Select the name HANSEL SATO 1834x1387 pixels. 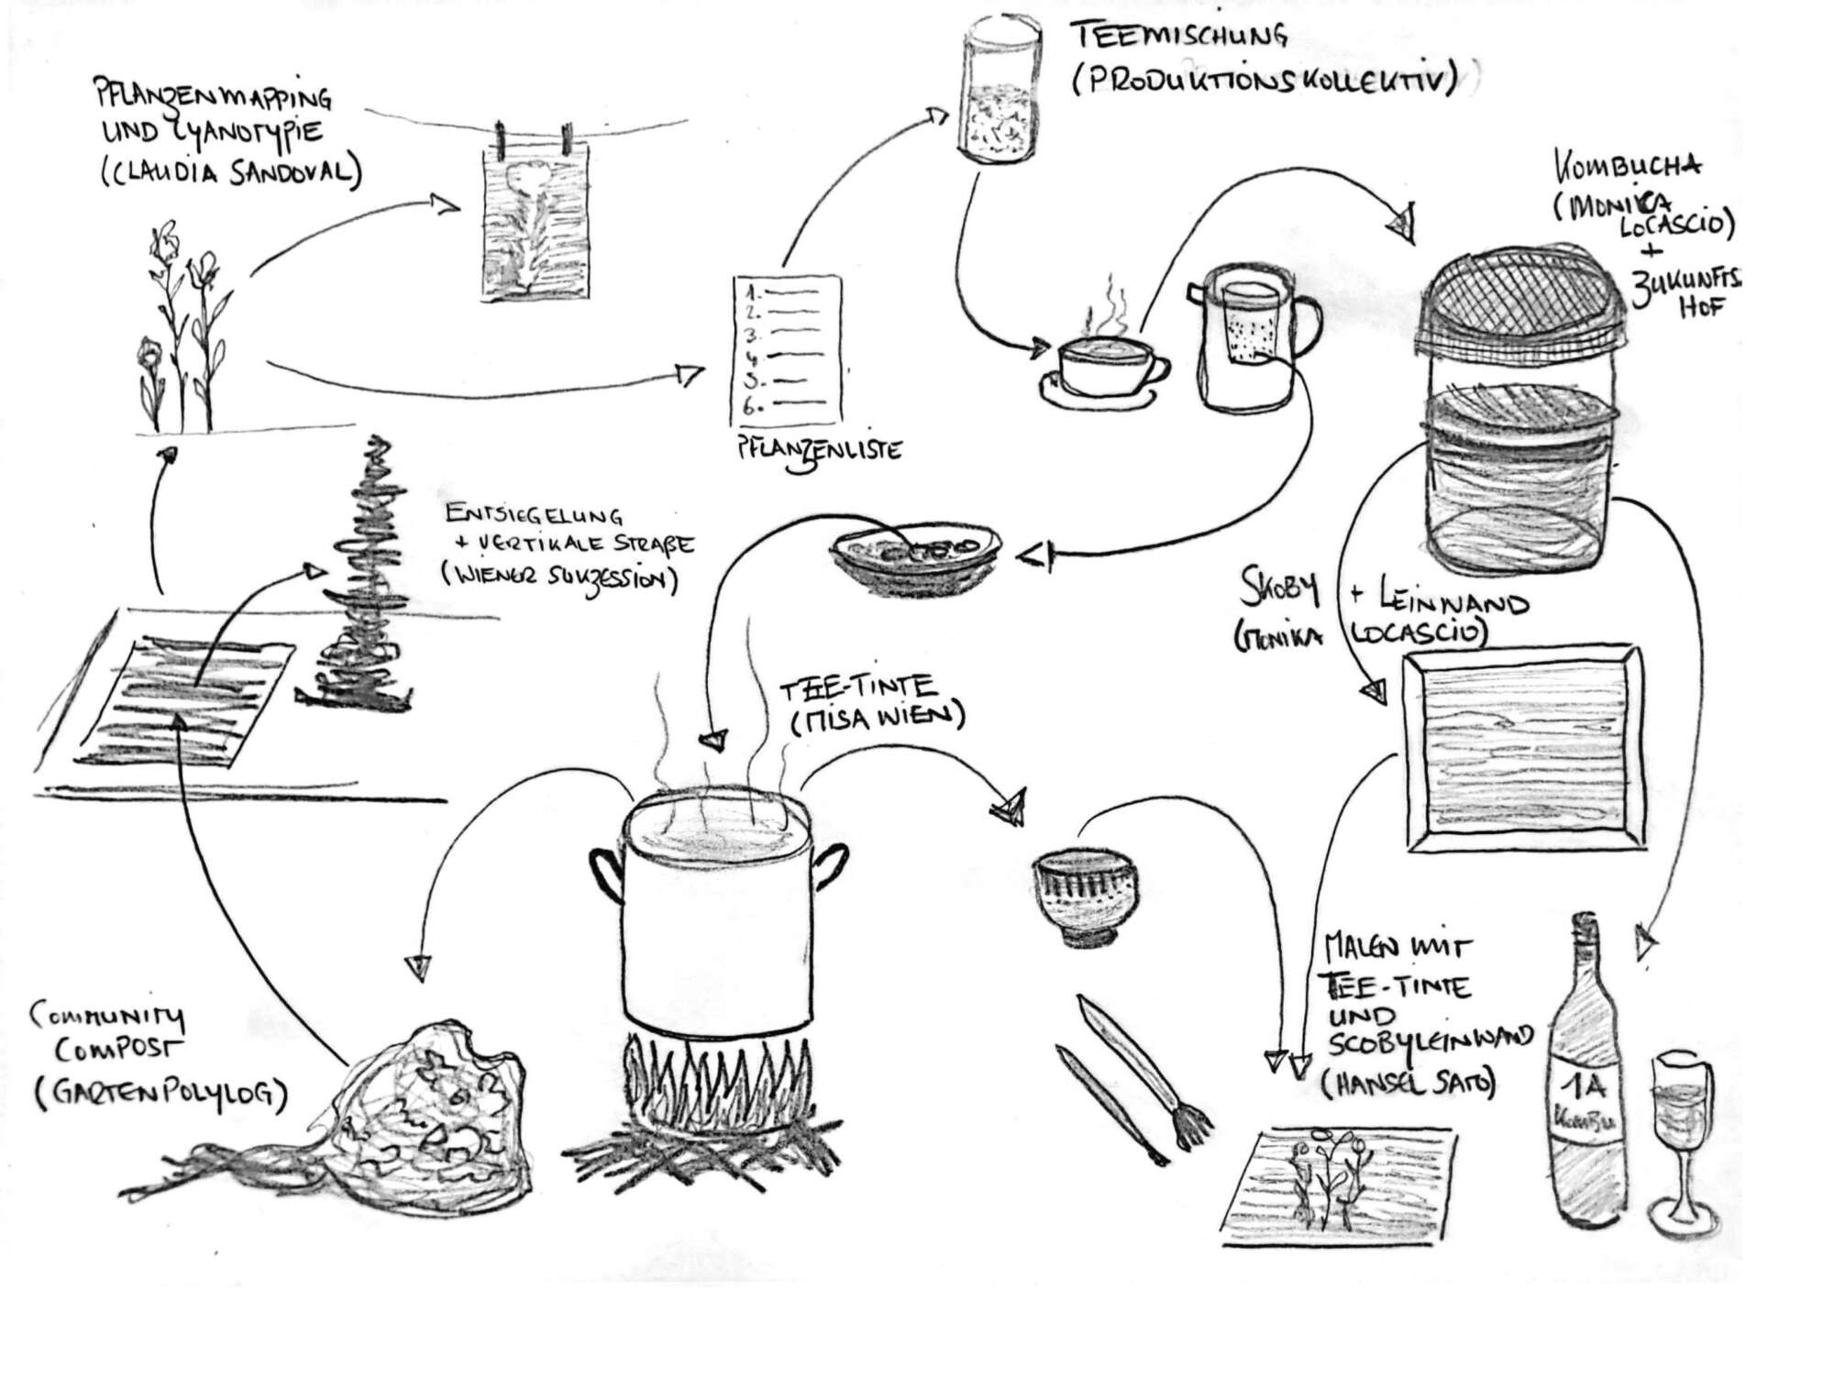(1408, 1084)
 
